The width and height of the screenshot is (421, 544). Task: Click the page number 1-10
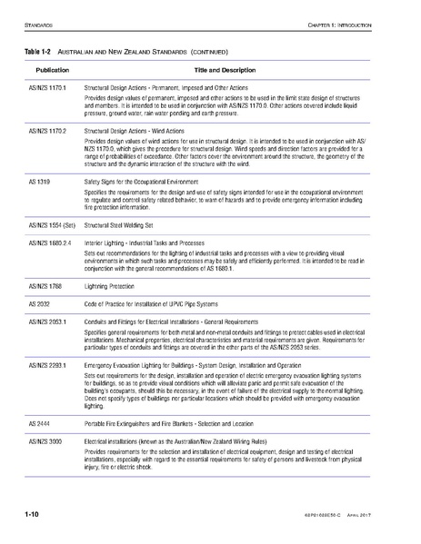pos(31,515)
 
